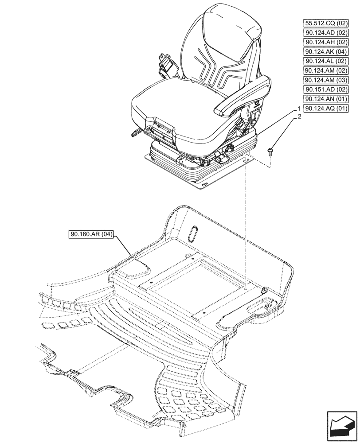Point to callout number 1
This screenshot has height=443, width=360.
(x=299, y=109)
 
